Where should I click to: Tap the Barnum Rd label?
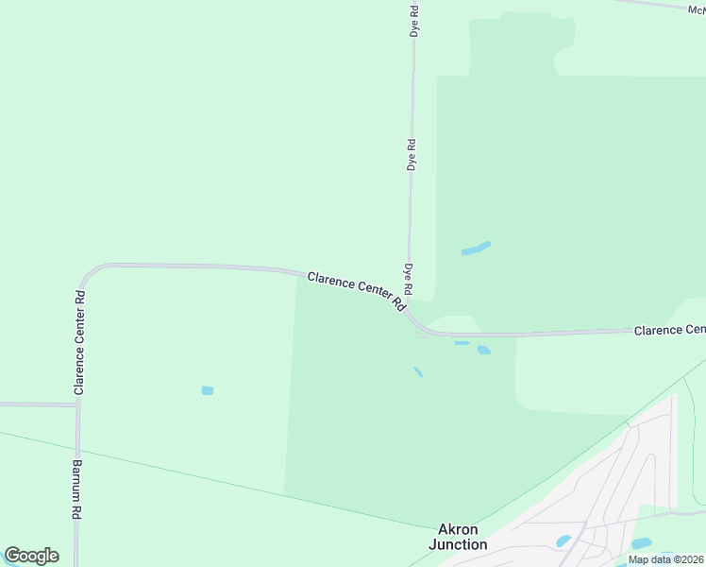point(76,490)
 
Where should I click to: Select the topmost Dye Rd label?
point(413,21)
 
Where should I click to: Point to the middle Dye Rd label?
point(412,154)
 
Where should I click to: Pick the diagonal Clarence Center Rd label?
point(357,290)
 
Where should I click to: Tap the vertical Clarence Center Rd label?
point(80,342)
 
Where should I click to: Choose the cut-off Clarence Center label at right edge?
point(669,330)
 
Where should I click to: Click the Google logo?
point(31,555)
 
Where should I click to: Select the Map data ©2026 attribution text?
point(665,559)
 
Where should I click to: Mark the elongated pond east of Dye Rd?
point(476,249)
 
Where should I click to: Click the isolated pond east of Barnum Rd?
point(208,390)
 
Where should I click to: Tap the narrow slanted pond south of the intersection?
point(417,371)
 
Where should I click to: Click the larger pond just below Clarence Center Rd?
point(483,350)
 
